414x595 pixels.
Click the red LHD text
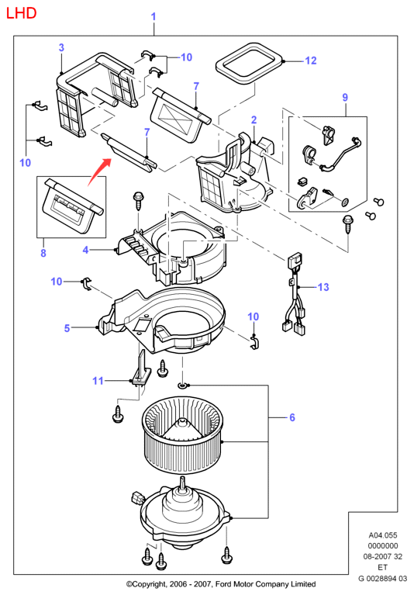(x=21, y=13)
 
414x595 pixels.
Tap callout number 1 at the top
(x=154, y=17)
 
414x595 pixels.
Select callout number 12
(x=310, y=61)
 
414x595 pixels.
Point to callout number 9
(x=345, y=98)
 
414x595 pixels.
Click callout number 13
(x=323, y=287)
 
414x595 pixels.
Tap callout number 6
(x=292, y=417)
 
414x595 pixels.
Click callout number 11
(x=98, y=381)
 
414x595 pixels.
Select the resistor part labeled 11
(x=140, y=370)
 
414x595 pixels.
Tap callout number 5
(x=67, y=328)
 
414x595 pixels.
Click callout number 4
(x=86, y=250)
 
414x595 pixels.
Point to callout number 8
(x=43, y=253)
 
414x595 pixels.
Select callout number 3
(x=61, y=48)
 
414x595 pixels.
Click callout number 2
(x=254, y=120)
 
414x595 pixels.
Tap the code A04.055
(x=383, y=535)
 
